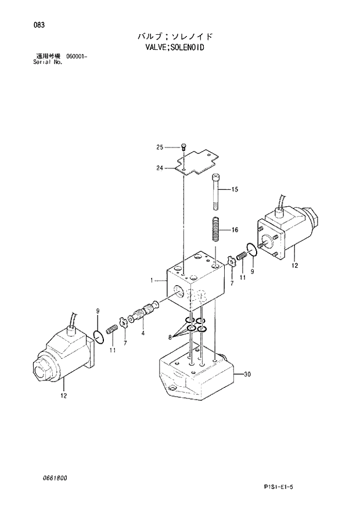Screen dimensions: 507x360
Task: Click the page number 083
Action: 24,25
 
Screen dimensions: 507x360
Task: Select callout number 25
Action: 160,147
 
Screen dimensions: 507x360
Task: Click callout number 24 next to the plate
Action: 160,168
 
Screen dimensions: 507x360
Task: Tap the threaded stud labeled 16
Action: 215,229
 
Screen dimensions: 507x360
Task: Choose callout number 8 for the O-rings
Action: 171,336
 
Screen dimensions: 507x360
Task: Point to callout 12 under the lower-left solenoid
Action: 63,396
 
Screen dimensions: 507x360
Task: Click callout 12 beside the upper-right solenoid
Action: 294,266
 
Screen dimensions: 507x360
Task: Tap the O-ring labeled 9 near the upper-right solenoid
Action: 250,250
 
